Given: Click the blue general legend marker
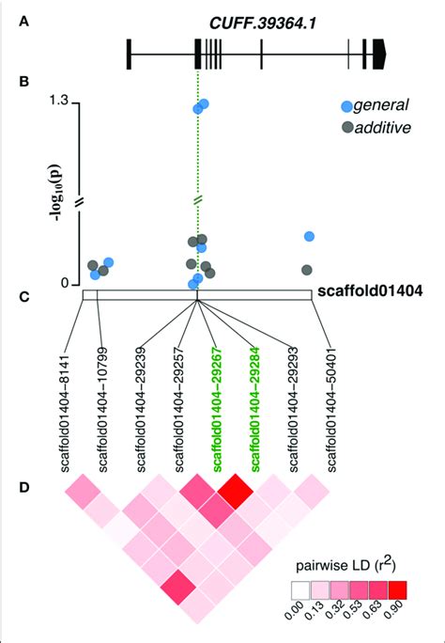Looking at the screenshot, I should tap(347, 108).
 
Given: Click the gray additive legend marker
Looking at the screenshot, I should tap(347, 128).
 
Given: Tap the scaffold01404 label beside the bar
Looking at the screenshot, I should tap(368, 292).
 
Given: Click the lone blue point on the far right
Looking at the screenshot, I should tap(309, 237).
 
